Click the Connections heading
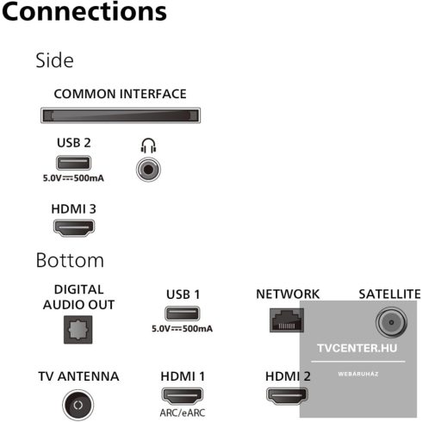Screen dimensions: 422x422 [84, 12]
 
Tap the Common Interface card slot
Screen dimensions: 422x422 [121, 115]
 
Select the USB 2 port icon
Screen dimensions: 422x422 [73, 163]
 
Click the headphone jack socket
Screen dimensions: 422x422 [148, 170]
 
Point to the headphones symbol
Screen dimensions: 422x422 [148, 146]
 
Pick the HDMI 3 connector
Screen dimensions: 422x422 [74, 228]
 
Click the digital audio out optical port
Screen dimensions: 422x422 [78, 330]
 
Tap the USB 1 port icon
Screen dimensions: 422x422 [183, 313]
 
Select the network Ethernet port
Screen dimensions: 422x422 [287, 320]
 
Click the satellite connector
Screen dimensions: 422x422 [391, 322]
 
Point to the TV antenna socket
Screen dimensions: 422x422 [78, 405]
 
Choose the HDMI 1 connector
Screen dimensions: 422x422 [183, 396]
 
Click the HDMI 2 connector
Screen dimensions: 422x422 [287, 396]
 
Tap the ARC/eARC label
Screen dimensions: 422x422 [183, 413]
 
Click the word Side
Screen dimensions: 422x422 [54, 60]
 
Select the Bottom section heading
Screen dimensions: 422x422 [70, 260]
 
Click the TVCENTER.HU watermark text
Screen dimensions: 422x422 [357, 348]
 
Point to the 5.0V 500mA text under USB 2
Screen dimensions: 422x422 [73, 178]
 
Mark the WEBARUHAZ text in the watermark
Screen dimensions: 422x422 [358, 374]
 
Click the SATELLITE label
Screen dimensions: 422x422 [389, 295]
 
